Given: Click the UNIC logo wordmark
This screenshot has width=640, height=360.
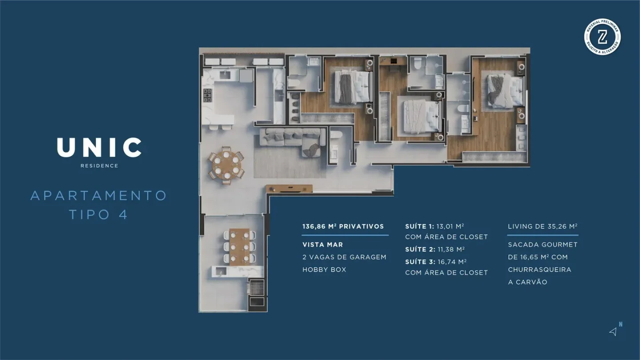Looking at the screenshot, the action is [99, 148].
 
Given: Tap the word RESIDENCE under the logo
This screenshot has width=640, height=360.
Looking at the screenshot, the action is [100, 166].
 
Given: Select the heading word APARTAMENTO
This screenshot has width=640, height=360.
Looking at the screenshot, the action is [99, 196].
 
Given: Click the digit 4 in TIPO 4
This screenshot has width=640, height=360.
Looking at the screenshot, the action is [123, 215].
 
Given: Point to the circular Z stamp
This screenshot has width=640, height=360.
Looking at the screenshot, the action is [602, 37].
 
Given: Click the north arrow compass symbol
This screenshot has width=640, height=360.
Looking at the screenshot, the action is [613, 332].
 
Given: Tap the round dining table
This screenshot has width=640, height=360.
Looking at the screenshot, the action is [226, 166].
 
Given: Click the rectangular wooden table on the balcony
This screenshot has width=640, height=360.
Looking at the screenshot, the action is [240, 247].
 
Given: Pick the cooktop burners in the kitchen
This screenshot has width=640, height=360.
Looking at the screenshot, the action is [208, 96].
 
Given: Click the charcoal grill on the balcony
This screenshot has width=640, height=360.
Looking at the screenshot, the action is [256, 287].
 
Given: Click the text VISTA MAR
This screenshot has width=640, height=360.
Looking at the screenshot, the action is [323, 245].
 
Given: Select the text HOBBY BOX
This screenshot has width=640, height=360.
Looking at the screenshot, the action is [324, 270].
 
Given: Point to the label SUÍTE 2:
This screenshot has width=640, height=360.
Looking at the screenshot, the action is [420, 249].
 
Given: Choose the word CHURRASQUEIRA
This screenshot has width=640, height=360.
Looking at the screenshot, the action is [540, 270].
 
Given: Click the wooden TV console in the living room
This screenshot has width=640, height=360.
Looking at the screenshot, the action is [289, 188].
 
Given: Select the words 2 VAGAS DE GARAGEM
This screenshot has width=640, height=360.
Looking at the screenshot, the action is [344, 257].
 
